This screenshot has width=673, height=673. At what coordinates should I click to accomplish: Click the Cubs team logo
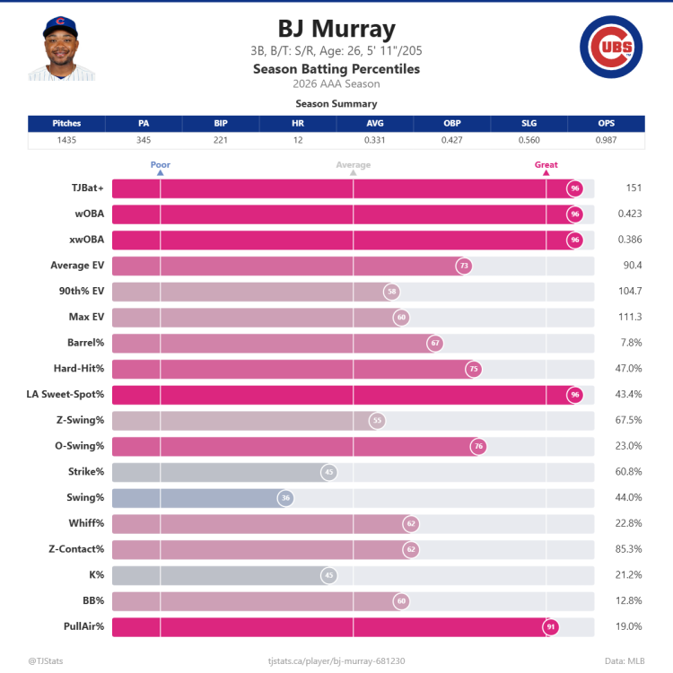[x=611, y=47]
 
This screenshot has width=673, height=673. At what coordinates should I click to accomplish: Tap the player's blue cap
[x=60, y=26]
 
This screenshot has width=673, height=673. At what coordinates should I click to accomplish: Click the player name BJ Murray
[x=336, y=30]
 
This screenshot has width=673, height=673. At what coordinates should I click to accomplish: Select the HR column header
[x=298, y=123]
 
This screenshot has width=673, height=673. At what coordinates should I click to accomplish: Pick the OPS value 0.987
[x=606, y=140]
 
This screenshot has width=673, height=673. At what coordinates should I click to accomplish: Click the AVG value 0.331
[x=375, y=140]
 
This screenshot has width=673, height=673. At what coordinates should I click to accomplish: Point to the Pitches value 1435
[x=66, y=140]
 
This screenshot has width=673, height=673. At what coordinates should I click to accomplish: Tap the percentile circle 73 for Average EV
[x=464, y=266]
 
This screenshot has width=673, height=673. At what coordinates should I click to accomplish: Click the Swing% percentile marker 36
[x=285, y=498]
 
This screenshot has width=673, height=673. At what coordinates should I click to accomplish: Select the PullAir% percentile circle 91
[x=551, y=626]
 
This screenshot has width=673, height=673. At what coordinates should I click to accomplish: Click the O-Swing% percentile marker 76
[x=478, y=446]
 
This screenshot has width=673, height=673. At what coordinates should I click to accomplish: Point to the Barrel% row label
[x=86, y=343]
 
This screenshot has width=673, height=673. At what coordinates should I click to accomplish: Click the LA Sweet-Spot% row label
[x=66, y=394]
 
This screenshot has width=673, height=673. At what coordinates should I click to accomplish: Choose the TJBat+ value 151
[x=634, y=188]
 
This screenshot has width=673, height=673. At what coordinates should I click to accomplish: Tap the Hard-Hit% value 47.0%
[x=628, y=368]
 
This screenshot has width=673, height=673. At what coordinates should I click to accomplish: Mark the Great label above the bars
[x=546, y=164]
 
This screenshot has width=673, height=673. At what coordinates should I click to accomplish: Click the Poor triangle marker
[x=160, y=172]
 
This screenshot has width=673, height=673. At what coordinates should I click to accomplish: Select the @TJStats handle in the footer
[x=46, y=661]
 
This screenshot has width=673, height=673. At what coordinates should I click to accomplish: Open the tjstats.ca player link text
[x=336, y=661]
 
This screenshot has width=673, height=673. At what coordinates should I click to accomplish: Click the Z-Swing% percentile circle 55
[x=377, y=421]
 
